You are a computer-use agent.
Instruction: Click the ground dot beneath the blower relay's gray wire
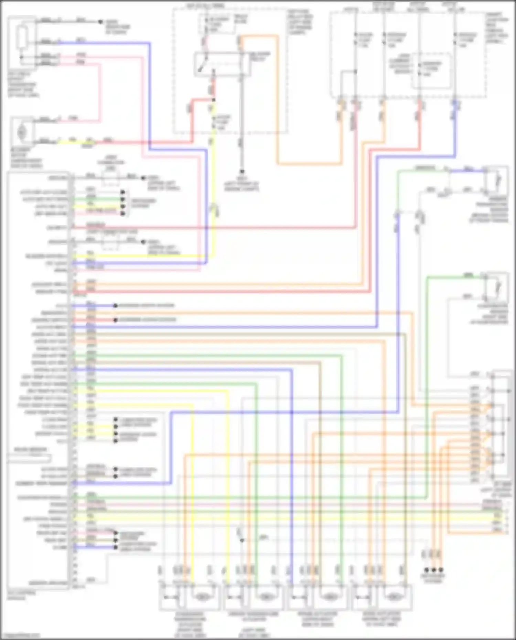click(242, 171)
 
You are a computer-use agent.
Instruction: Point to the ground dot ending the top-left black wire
click(100, 22)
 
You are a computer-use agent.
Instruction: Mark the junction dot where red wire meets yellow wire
click(214, 100)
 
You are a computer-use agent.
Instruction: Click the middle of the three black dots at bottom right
click(434, 570)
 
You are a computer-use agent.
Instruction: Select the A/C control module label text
click(16, 595)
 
